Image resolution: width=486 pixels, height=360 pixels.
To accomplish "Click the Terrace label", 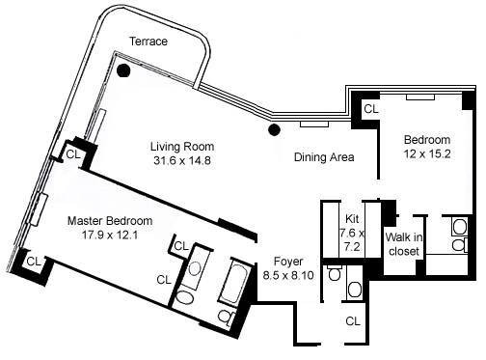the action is [x=148, y=42].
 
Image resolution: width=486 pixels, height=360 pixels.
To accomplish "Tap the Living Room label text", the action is [x=182, y=147].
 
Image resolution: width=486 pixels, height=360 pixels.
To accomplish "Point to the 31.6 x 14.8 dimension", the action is [x=182, y=160].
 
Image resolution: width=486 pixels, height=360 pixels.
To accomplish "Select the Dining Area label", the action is [x=324, y=157].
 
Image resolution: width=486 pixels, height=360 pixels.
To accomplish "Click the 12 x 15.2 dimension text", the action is [x=427, y=153].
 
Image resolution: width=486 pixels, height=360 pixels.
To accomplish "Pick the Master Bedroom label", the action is [x=110, y=221].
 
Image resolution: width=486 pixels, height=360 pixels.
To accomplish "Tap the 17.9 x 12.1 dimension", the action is [x=110, y=235].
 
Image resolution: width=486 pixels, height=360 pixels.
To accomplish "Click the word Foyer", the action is [x=288, y=262].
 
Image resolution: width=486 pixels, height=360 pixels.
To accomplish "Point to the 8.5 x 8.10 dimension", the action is [x=288, y=275].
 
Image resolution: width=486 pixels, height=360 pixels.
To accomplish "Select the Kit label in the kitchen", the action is [x=352, y=219].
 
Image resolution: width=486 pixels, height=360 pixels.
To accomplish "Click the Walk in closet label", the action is [x=404, y=244].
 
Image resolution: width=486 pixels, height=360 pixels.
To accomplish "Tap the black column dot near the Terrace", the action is [x=123, y=70].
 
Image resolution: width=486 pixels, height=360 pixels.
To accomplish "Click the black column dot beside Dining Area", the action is [x=274, y=129].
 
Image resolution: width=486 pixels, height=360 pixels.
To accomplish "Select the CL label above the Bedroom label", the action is [x=371, y=109].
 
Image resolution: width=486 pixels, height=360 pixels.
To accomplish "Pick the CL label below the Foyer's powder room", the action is [x=353, y=321].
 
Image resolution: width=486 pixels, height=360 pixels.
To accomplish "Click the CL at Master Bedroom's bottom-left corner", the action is [x=34, y=262].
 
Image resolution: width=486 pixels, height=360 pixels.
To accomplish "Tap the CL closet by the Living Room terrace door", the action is [x=73, y=154].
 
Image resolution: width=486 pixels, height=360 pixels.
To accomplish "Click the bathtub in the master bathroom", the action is [x=234, y=283].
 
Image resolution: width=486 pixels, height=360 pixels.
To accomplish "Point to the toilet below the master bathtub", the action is [x=227, y=317].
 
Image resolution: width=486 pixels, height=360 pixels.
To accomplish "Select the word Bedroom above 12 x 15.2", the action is [x=427, y=140].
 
